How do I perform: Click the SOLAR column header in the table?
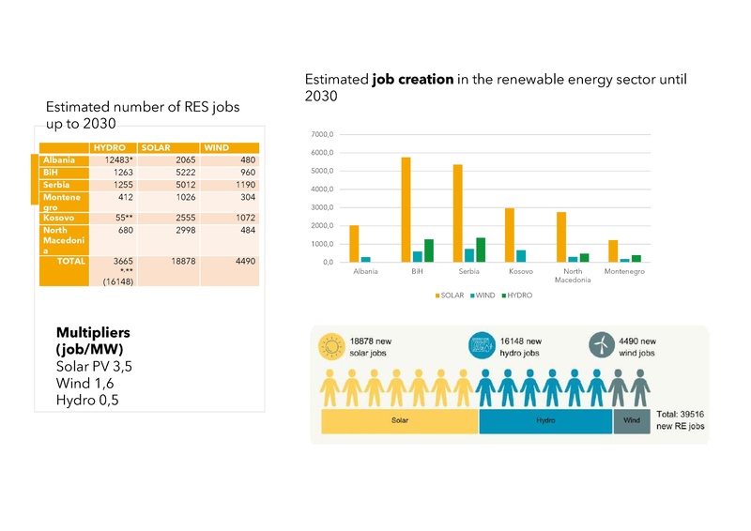(156, 148)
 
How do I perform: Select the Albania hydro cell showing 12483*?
(115, 160)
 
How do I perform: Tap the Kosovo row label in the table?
(58, 218)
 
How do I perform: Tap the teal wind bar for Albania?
(366, 259)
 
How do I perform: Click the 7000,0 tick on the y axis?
(322, 135)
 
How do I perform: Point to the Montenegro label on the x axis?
(623, 272)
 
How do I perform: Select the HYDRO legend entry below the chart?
(516, 295)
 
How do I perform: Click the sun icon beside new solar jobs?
(331, 346)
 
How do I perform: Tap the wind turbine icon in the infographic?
(600, 345)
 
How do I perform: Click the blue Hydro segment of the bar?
(545, 421)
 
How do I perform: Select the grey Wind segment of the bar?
(632, 421)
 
